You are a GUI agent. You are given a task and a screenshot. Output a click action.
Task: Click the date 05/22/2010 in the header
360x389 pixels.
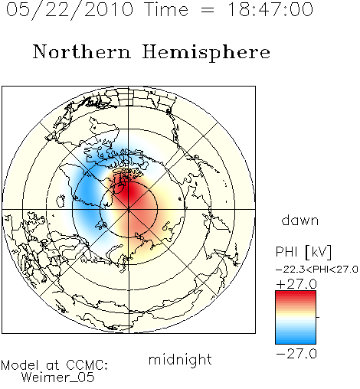pos(70,10)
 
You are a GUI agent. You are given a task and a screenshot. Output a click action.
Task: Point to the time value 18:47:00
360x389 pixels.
pos(270,9)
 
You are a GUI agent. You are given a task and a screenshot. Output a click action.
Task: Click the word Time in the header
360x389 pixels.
pos(166,9)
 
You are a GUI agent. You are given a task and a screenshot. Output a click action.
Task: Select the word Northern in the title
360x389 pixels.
pos(82,51)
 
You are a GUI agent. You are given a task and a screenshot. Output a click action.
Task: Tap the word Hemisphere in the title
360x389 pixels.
pos(206,52)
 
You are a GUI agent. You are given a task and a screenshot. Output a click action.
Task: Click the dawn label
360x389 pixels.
pos(300,220)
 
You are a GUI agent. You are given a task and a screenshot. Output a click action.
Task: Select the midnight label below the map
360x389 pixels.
pos(180,360)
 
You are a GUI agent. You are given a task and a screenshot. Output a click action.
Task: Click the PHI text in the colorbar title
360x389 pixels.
pos(286,252)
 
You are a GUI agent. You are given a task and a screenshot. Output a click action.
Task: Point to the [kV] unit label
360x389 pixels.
pos(318,252)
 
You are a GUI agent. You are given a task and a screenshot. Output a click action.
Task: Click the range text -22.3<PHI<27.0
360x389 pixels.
pos(316,270)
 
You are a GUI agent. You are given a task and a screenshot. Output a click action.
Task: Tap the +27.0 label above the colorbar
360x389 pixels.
pos(296,284)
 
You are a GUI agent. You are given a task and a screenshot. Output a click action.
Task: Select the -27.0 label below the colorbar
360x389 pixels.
pos(296,354)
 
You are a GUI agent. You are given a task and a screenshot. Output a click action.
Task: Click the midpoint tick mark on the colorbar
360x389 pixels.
pos(318,317)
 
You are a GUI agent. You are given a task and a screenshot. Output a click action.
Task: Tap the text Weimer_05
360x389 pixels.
pos(57,377)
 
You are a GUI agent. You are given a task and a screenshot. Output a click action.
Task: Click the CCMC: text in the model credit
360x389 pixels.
pos(87,365)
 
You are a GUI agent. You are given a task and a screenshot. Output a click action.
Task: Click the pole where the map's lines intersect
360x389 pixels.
pos(129,210)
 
